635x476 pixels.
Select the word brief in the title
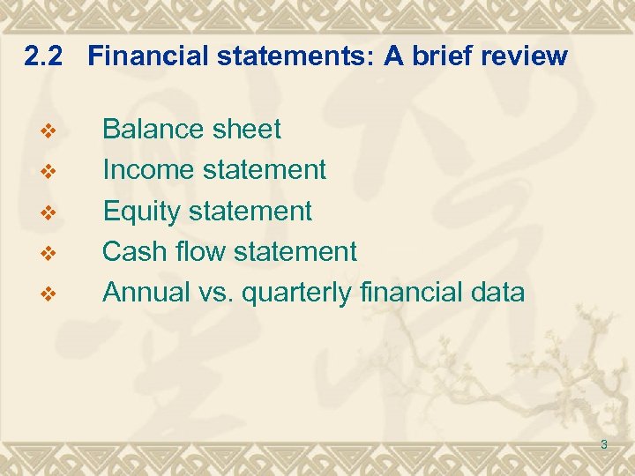(x=439, y=56)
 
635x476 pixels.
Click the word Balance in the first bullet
(x=153, y=130)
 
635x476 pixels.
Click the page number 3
(x=604, y=444)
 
